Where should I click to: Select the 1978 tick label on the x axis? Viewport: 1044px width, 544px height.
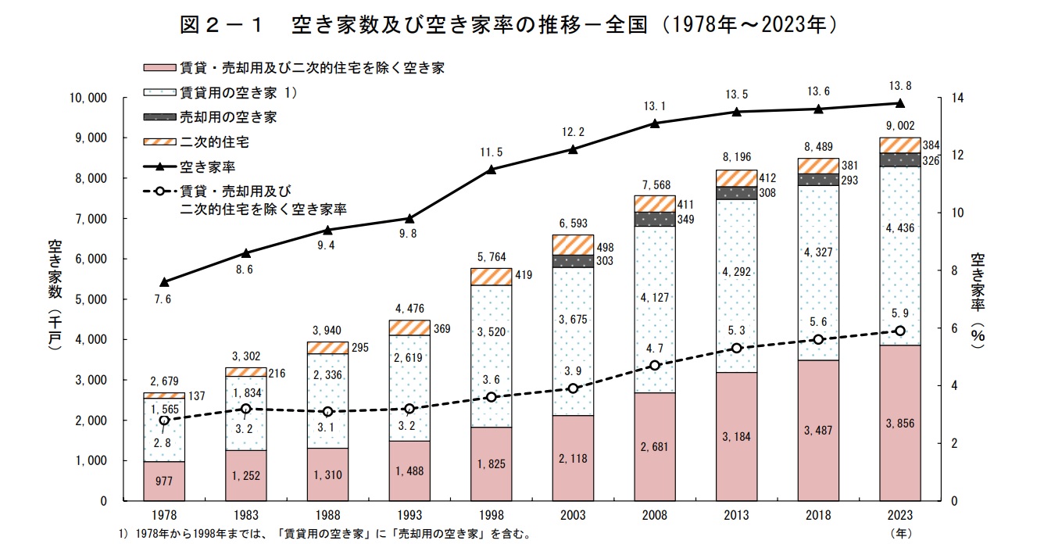point(164,516)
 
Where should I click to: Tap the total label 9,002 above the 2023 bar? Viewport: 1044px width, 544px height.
point(899,125)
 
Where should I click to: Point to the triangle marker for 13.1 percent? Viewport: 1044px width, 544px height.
point(655,123)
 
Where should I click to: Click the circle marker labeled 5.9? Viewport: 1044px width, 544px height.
point(899,331)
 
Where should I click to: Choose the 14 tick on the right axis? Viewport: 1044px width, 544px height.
point(956,98)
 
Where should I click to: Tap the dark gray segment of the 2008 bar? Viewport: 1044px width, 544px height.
point(655,219)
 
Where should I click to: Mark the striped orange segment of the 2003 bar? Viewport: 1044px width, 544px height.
point(573,245)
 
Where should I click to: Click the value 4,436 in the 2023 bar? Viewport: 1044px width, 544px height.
point(899,228)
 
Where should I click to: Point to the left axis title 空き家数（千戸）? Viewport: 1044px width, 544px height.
point(54,296)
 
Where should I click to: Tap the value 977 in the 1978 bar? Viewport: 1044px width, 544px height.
point(164,481)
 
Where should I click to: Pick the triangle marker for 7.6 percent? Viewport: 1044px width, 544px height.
point(164,281)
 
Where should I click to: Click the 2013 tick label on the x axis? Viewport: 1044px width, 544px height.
point(736,516)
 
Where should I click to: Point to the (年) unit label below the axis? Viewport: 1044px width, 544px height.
point(900,535)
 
